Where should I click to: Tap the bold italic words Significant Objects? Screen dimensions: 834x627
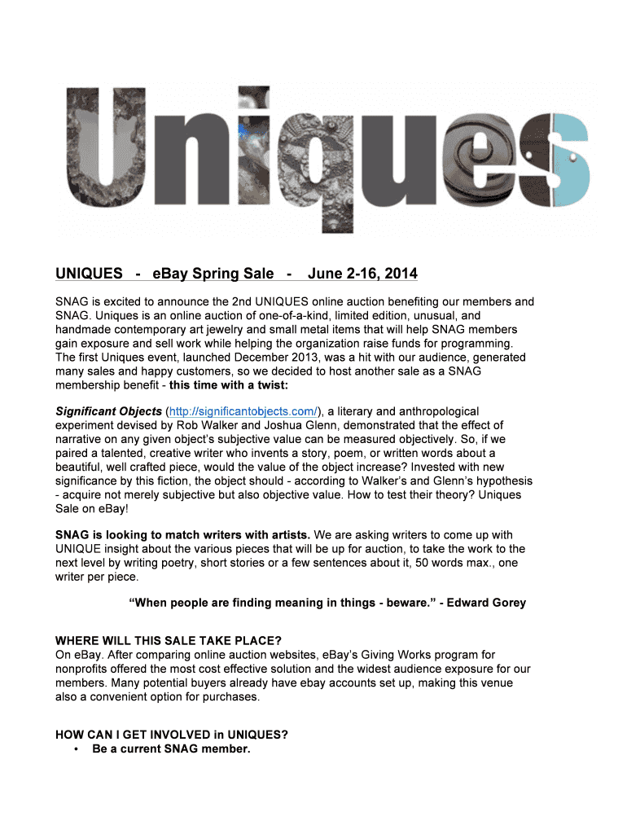point(108,411)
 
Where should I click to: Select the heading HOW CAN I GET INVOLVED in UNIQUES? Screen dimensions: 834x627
point(171,734)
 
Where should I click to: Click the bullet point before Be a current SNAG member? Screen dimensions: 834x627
point(75,748)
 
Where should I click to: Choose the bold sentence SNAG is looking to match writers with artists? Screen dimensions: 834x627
point(182,535)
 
